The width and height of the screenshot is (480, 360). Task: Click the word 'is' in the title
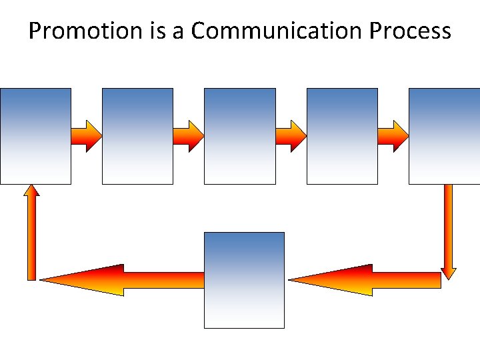[x=152, y=31]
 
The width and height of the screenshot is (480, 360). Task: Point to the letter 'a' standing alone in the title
[x=177, y=32]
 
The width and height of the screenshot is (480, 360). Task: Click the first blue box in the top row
[x=35, y=136]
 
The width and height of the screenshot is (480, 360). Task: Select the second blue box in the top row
[x=137, y=136]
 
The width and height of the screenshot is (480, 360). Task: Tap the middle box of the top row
[x=239, y=136]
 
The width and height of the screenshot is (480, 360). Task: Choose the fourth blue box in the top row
[x=342, y=136]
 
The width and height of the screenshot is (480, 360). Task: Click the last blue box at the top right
[x=444, y=136]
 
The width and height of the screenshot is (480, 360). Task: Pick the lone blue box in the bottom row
[x=244, y=280]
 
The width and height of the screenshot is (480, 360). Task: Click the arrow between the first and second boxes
[x=87, y=136]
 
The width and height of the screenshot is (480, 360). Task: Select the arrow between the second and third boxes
[x=189, y=136]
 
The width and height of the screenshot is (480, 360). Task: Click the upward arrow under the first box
[x=31, y=233]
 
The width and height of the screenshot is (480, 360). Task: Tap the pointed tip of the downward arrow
[x=449, y=277]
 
